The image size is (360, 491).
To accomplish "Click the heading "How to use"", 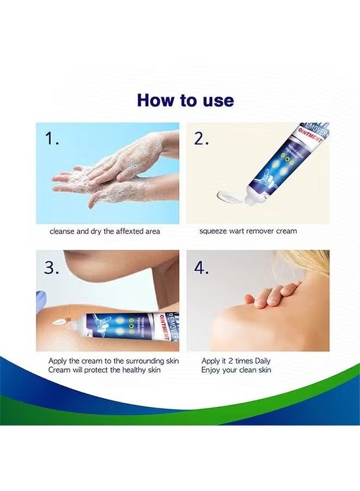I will [x=185, y=100].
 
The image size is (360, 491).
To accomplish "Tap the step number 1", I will [x=52, y=139].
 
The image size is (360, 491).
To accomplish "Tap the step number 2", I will [x=202, y=139].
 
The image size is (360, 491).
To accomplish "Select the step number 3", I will [x=52, y=267].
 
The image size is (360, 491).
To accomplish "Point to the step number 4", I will [x=202, y=267].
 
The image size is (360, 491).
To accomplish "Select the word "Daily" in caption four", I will [x=260, y=361].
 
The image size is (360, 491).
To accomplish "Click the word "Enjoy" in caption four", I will [x=211, y=370].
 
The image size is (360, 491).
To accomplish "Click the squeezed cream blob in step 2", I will [x=229, y=195].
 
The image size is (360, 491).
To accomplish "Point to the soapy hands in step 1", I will [x=109, y=172].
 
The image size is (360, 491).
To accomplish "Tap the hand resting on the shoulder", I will [x=273, y=293].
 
